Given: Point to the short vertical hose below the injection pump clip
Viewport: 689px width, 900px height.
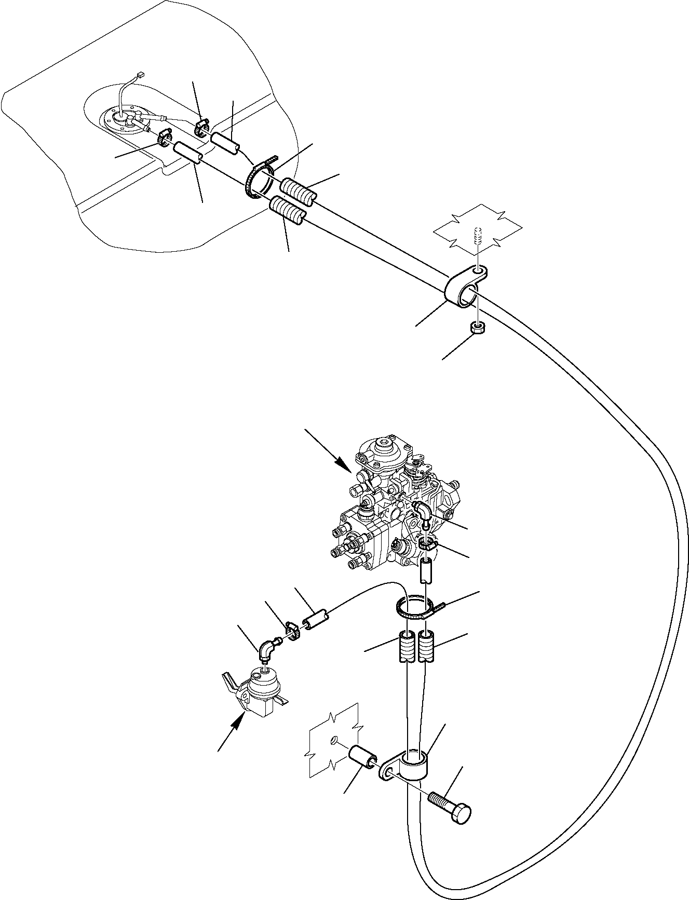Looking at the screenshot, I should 426,571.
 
